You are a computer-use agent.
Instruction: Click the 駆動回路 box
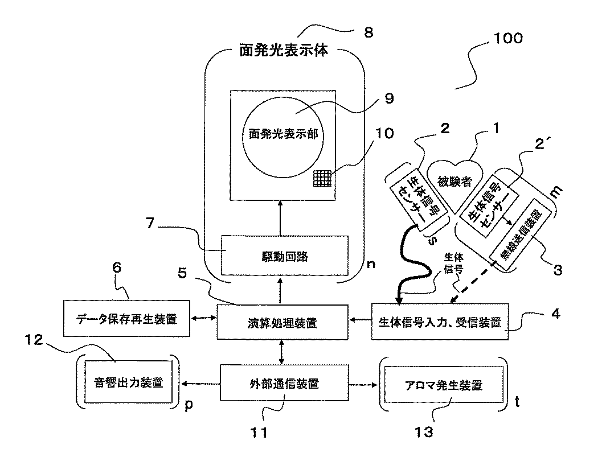point(284,256)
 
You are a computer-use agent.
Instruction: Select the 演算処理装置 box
point(282,322)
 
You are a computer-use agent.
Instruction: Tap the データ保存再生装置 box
point(126,318)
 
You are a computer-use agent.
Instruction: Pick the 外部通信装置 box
point(284,383)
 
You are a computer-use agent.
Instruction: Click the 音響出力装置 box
point(128,382)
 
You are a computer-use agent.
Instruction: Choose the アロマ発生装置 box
point(444,385)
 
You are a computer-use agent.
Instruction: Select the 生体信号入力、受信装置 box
point(440,322)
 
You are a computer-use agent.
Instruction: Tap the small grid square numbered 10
point(322,178)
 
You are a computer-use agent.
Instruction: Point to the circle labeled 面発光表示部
point(283,137)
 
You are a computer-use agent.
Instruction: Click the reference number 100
point(508,38)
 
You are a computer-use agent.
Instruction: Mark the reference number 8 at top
point(369,32)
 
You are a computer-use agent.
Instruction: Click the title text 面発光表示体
point(284,50)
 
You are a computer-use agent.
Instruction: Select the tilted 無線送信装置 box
point(521,234)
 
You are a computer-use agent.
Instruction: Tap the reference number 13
point(424,432)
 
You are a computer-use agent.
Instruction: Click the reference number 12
point(34,340)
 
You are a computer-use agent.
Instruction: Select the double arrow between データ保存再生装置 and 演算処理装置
point(203,318)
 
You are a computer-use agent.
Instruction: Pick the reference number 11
point(259,433)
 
